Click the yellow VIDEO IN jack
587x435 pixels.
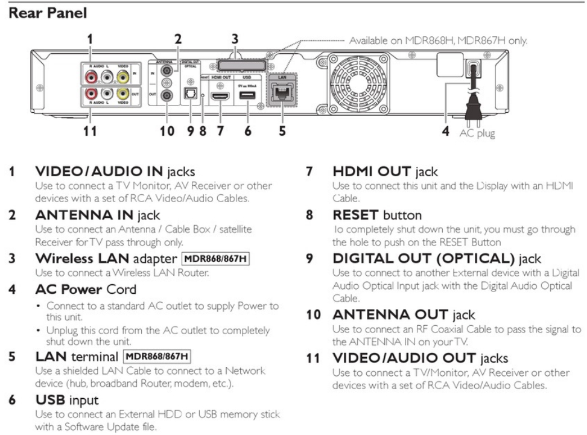tap(123, 77)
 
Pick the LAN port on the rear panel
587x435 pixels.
tap(281, 93)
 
